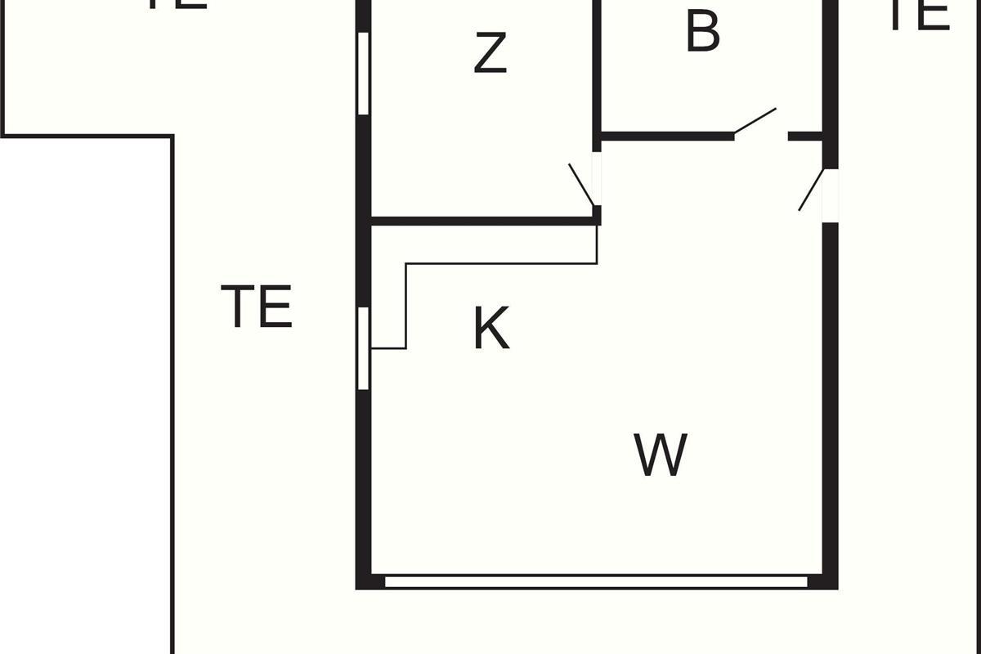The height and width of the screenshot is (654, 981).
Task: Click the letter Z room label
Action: [490, 53]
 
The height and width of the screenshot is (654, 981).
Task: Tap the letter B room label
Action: [702, 33]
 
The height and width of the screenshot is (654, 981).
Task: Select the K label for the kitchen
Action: [491, 329]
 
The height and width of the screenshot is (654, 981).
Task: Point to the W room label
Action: [661, 455]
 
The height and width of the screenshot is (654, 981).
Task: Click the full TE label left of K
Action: [257, 306]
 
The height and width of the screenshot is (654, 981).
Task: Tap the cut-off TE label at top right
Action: [920, 15]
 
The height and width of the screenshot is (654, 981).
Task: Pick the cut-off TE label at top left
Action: [176, 4]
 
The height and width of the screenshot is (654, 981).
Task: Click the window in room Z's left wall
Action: [364, 73]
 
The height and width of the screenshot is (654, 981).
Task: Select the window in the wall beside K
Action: [364, 348]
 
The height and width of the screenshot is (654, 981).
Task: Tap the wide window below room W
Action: [596, 582]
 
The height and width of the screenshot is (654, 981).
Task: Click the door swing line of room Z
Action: [581, 184]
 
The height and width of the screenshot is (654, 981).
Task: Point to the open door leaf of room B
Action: [755, 120]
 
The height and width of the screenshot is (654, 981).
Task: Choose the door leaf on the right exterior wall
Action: [811, 190]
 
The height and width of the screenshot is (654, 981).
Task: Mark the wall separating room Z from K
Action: [482, 221]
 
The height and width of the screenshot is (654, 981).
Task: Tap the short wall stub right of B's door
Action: [805, 137]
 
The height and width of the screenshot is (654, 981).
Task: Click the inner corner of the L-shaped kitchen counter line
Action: [405, 264]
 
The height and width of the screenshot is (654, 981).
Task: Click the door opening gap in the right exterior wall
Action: [831, 195]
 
